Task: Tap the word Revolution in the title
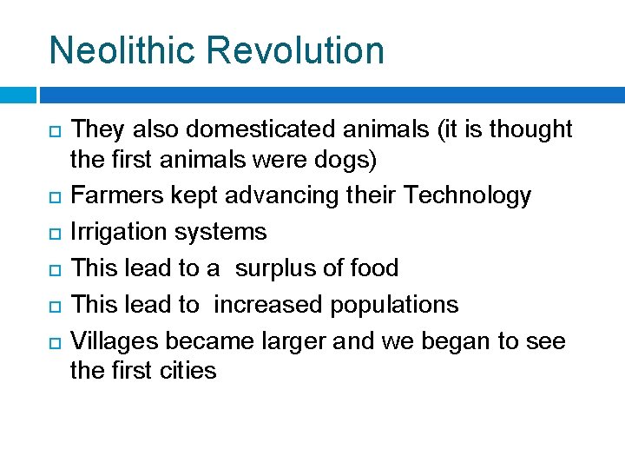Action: pyautogui.click(x=300, y=50)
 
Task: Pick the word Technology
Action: pyautogui.click(x=467, y=195)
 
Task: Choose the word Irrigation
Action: pyautogui.click(x=118, y=232)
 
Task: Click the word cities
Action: pyautogui.click(x=189, y=371)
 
